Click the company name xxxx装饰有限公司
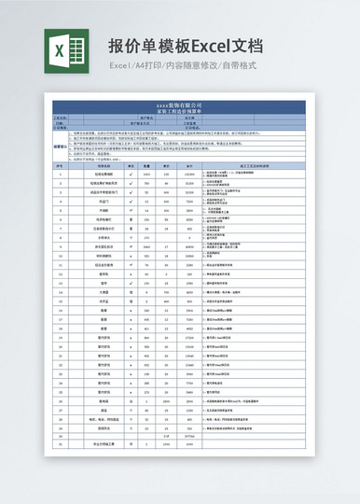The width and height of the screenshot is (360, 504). pyautogui.click(x=180, y=105)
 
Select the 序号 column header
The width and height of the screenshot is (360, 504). pyautogui.click(x=61, y=166)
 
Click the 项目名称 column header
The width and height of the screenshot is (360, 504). pyautogui.click(x=104, y=166)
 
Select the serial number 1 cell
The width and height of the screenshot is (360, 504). pyautogui.click(x=61, y=175)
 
